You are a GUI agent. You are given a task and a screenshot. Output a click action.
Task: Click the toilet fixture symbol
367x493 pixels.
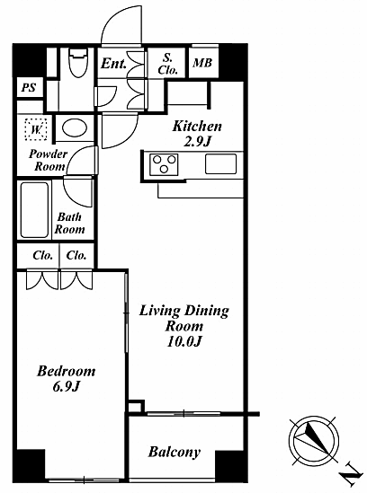77,63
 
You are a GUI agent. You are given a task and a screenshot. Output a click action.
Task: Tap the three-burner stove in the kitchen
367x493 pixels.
164,164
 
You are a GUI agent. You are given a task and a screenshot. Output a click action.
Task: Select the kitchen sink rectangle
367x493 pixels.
221,163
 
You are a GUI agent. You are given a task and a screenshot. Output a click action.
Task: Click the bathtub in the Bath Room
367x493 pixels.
34,210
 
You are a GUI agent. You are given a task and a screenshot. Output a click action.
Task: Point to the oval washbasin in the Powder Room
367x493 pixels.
75,128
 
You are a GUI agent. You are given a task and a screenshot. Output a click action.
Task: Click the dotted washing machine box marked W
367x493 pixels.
36,129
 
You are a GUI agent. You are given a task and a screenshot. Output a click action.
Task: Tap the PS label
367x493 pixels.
29,87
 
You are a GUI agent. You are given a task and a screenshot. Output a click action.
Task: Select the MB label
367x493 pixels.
202,63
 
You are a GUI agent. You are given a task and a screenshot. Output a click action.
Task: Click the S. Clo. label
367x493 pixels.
167,64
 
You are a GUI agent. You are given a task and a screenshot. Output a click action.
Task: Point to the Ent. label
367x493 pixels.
113,64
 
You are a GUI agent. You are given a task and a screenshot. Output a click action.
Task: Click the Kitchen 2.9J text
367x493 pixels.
197,134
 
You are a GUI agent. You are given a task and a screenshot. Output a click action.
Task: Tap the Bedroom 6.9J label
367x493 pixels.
67,379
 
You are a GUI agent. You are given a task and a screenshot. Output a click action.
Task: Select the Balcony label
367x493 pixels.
175,452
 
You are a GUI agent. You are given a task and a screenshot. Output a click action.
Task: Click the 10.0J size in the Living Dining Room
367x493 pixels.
184,341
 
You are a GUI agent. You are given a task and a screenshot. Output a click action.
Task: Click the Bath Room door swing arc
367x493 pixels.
72,197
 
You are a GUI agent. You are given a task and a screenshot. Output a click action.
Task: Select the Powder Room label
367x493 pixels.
49,160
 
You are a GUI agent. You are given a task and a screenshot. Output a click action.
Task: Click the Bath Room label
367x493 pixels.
69,223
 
